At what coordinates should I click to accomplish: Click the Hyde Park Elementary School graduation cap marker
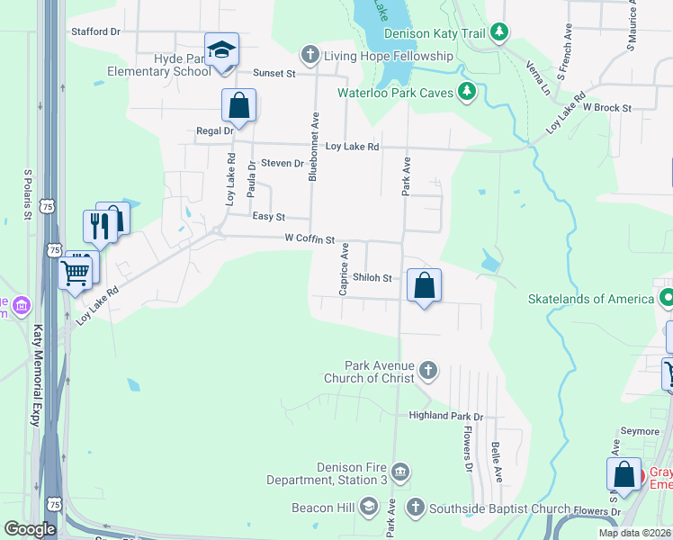tap(220, 51)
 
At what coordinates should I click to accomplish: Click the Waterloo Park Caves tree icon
tap(466, 91)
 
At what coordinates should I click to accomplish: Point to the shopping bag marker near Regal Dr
tap(239, 105)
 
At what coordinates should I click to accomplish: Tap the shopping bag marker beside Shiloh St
tap(425, 285)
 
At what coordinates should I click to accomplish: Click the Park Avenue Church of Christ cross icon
tap(429, 370)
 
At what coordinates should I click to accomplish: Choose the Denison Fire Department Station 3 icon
tap(401, 472)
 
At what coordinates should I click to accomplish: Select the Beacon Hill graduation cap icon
tap(368, 508)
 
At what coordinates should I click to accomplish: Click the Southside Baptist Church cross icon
tap(415, 508)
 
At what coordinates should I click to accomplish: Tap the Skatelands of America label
tap(589, 299)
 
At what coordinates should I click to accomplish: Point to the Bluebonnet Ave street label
tap(314, 147)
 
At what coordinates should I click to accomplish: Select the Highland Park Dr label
tap(446, 417)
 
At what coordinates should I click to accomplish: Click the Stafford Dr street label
tap(95, 31)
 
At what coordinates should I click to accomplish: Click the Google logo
tap(30, 528)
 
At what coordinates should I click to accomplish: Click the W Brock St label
tap(606, 107)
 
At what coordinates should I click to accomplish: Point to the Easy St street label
tap(268, 217)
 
